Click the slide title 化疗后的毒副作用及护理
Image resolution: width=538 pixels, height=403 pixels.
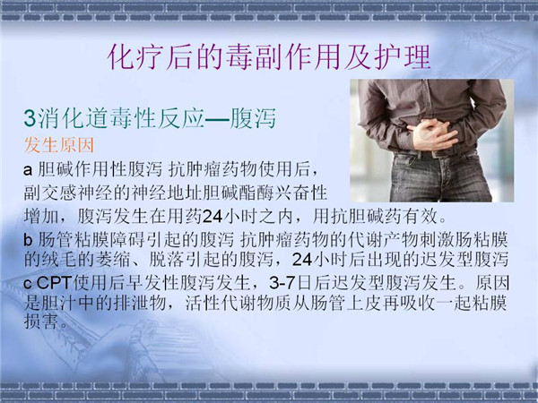(x=269, y=57)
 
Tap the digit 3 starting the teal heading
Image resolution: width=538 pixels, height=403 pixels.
(x=30, y=118)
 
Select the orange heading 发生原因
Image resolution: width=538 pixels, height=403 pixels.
(x=58, y=145)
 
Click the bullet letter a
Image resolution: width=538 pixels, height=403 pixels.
(x=28, y=170)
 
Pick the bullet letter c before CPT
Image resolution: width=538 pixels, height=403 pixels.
(x=28, y=284)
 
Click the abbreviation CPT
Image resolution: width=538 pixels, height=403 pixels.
(x=54, y=283)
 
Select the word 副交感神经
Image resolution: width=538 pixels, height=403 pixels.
(x=68, y=193)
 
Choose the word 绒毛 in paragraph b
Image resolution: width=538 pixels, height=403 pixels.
(x=59, y=260)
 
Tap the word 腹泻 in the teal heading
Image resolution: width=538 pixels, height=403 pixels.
(x=253, y=118)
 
